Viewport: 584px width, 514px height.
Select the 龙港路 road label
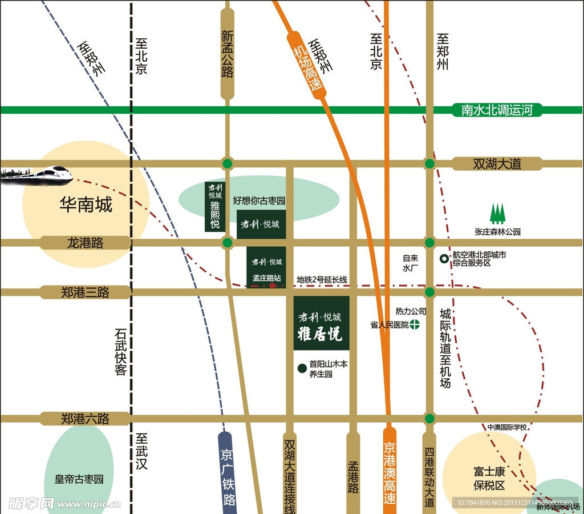[86, 243]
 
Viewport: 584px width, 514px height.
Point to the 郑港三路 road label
[86, 292]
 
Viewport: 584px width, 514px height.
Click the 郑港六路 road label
[86, 419]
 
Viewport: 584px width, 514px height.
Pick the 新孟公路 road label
[228, 54]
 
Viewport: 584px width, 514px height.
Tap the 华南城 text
[86, 205]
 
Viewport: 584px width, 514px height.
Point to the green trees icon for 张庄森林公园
[498, 214]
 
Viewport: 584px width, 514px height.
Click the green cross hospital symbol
[415, 325]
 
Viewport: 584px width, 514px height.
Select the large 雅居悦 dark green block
[321, 323]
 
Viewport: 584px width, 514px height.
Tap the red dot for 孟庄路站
[273, 285]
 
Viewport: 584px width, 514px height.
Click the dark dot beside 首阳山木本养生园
[302, 368]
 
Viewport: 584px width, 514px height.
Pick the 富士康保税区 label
[489, 479]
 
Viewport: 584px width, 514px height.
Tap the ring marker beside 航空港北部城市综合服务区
[444, 259]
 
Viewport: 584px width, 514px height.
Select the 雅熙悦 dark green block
[214, 207]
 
